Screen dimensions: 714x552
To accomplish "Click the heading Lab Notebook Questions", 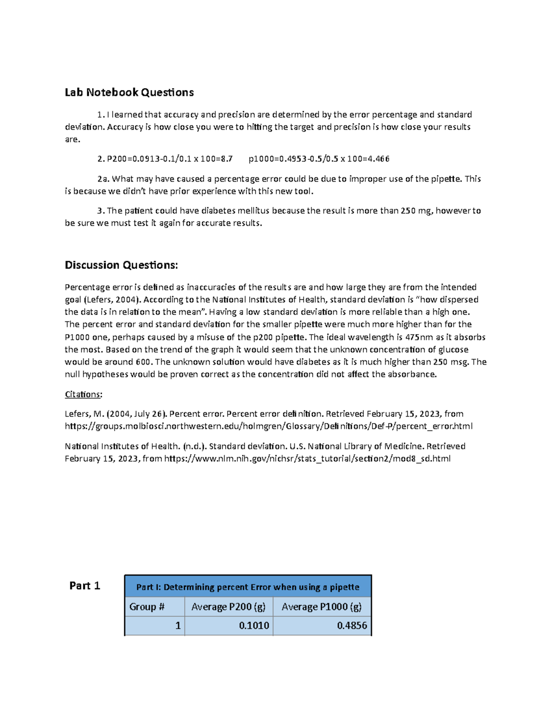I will tap(129, 92).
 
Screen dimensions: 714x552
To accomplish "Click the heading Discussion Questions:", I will tap(121, 265).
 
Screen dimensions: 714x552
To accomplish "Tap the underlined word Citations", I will tap(82, 394).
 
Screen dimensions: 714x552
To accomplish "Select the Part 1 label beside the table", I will tap(85, 585).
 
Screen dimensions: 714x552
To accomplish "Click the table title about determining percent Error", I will tap(247, 587).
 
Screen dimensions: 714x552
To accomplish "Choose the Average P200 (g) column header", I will tap(228, 606).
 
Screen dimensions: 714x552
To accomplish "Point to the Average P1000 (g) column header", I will tap(322, 606).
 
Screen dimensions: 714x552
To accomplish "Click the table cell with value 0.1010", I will tap(254, 625).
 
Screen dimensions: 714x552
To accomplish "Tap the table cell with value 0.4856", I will tap(352, 625).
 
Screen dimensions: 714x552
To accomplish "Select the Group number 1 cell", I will tap(178, 625).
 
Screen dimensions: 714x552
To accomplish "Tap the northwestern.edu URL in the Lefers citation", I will tap(269, 426).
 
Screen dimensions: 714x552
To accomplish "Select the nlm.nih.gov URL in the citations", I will tap(307, 458).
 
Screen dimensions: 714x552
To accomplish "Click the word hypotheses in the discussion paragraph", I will tap(105, 374).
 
